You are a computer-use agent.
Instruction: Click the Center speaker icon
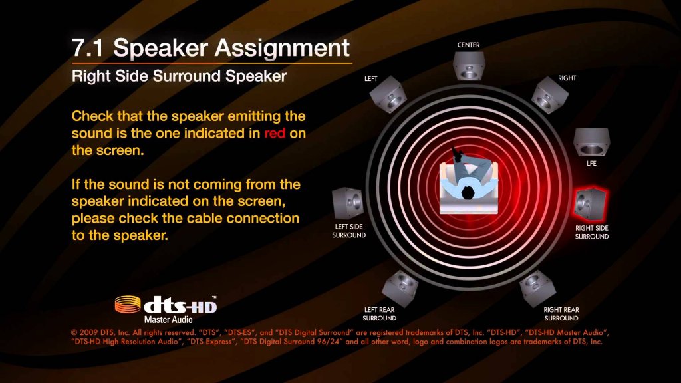tap(469, 66)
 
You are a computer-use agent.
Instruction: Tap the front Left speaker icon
tap(388, 94)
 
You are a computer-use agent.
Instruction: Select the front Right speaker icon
tap(549, 95)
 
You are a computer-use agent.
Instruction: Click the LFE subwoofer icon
tap(591, 142)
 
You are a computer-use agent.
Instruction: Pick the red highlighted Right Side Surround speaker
tap(591, 203)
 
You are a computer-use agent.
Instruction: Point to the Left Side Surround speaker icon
tap(348, 203)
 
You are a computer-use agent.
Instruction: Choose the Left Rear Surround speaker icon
tap(400, 287)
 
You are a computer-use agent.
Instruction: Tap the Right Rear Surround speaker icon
tap(538, 287)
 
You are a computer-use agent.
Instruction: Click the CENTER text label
tap(469, 45)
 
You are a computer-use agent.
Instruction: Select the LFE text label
tap(591, 164)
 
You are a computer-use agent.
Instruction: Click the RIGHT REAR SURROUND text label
tap(561, 314)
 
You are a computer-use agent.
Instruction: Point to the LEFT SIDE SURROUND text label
tap(348, 231)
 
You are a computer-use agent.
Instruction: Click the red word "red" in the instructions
tap(275, 133)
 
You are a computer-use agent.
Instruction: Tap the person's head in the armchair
tap(468, 191)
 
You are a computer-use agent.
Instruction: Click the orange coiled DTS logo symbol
tap(128, 304)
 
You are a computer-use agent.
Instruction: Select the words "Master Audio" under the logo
tap(168, 320)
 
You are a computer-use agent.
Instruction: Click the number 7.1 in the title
tap(87, 48)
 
